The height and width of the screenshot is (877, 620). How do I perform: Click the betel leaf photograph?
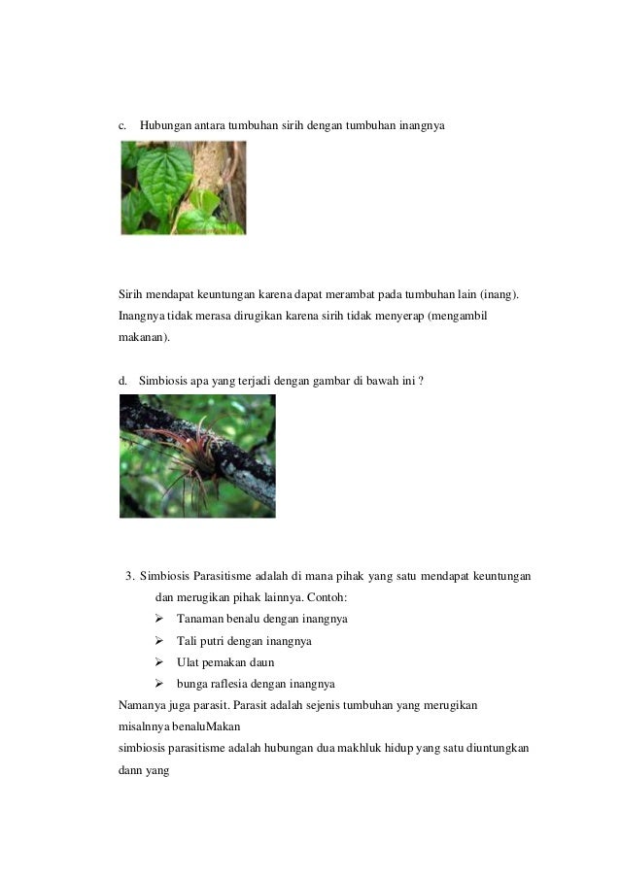[183, 187]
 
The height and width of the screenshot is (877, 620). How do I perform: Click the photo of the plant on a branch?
[197, 455]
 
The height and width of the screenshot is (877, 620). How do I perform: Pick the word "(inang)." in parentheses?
[499, 294]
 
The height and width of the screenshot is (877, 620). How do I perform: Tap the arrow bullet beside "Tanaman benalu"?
[160, 619]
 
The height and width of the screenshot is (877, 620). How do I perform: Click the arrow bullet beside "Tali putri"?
[160, 641]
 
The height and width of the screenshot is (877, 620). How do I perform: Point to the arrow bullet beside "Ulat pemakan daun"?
[160, 662]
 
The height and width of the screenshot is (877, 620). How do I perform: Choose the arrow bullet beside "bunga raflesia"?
[160, 684]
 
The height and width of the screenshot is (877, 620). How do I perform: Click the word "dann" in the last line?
[131, 768]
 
